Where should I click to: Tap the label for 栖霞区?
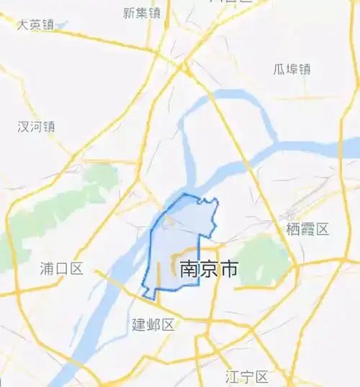(x=307, y=229)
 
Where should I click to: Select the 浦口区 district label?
(x=62, y=269)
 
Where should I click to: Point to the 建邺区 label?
(x=153, y=324)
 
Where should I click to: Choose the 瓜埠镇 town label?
(x=292, y=69)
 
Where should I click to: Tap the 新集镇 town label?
(x=141, y=12)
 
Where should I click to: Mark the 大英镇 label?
(x=36, y=24)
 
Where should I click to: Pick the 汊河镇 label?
(x=37, y=127)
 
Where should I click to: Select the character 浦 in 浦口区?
(x=48, y=269)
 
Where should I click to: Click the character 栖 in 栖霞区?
(x=293, y=229)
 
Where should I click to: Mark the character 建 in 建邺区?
(x=139, y=324)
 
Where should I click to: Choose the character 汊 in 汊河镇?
(x=24, y=127)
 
